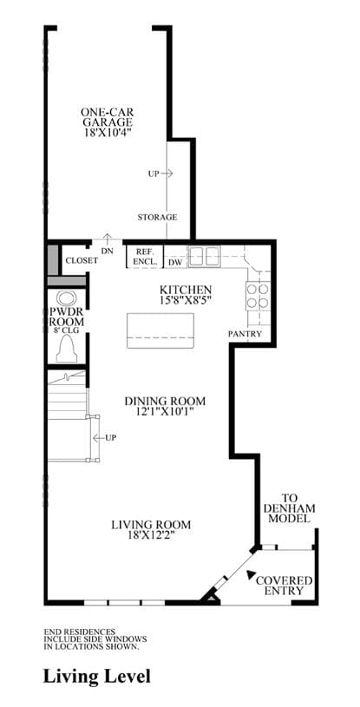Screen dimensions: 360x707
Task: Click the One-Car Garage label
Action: [107, 117]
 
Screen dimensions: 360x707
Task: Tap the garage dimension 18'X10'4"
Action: [108, 132]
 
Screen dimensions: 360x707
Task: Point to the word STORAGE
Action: [157, 218]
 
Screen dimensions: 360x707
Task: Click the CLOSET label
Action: [82, 260]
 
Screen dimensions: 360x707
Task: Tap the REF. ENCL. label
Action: [144, 256]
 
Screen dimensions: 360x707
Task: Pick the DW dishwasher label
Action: [175, 262]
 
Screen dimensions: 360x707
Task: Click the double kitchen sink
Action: [205, 257]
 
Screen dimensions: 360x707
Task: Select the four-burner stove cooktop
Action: [258, 296]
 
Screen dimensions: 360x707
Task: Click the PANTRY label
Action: [245, 334]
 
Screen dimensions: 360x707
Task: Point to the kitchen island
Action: [160, 331]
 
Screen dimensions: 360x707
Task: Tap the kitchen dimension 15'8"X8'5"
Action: [185, 298]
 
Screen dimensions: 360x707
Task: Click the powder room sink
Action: [67, 298]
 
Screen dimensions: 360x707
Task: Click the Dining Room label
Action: [165, 401]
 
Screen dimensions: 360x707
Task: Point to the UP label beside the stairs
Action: [110, 437]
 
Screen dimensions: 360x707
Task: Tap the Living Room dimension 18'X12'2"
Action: [151, 535]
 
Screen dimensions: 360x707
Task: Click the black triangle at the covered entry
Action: [251, 574]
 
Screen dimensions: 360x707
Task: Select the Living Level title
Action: [97, 677]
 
